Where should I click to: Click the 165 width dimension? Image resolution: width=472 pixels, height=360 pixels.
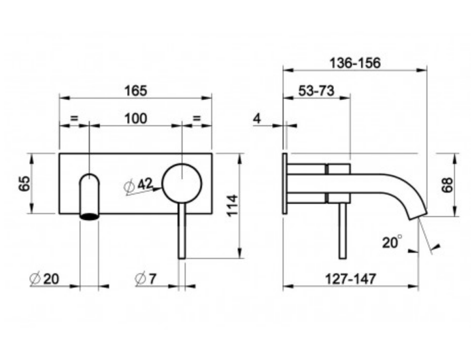click(x=136, y=91)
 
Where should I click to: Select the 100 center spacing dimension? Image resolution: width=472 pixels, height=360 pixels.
click(x=136, y=118)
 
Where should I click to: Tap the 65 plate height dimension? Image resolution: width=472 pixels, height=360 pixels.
click(x=24, y=184)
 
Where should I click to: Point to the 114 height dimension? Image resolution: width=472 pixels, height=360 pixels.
click(x=233, y=206)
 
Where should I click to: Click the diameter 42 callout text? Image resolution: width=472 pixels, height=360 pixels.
click(x=139, y=185)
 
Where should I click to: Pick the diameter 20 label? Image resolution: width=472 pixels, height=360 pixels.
click(x=44, y=279)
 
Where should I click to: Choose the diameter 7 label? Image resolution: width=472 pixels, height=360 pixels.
click(x=146, y=278)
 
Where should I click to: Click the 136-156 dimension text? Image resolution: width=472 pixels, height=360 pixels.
click(x=355, y=63)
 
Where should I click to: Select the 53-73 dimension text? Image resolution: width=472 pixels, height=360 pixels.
click(x=316, y=91)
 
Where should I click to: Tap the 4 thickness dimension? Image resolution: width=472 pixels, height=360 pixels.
click(x=257, y=119)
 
